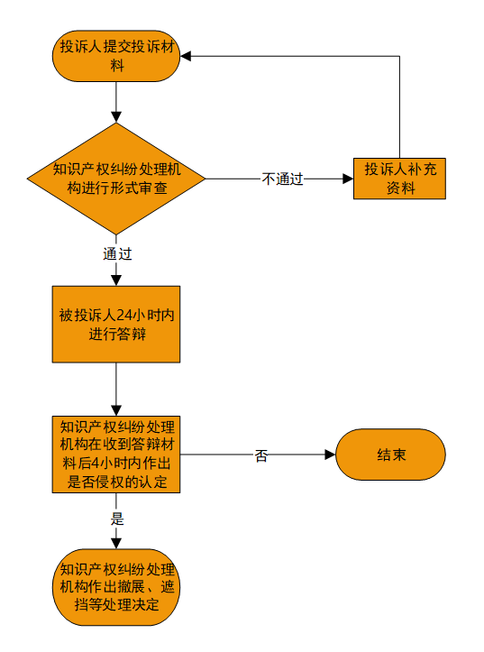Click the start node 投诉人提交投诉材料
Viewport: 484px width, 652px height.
(x=116, y=56)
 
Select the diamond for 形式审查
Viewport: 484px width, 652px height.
(x=116, y=179)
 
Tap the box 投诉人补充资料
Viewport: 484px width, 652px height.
(x=399, y=179)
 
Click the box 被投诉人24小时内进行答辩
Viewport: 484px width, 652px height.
(x=116, y=325)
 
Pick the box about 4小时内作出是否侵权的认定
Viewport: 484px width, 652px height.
(x=116, y=455)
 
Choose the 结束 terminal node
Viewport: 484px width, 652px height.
(x=390, y=455)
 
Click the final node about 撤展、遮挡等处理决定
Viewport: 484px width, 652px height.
(x=116, y=587)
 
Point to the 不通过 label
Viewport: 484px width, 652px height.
(x=282, y=179)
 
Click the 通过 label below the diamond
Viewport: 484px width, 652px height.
(x=117, y=253)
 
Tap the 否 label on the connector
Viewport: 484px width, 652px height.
(x=260, y=455)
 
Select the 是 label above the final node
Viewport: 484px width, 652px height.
(x=117, y=519)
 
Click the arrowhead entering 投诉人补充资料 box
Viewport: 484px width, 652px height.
(x=348, y=179)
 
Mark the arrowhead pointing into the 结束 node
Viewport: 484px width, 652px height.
(x=330, y=455)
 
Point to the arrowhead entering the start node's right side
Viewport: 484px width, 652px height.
(x=186, y=56)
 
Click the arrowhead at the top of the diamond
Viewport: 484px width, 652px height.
(x=116, y=117)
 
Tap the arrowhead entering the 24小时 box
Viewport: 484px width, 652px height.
(x=116, y=280)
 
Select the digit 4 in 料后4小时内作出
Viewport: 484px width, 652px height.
(x=96, y=464)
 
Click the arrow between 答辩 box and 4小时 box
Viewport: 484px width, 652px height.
(x=116, y=390)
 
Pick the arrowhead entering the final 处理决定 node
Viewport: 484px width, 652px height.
(x=116, y=544)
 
